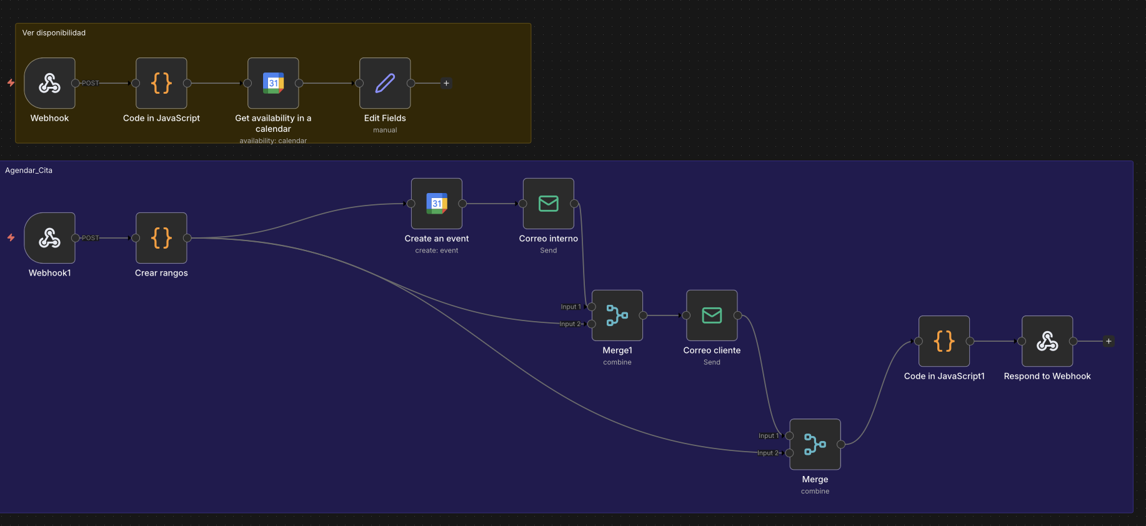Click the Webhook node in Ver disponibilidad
click(49, 83)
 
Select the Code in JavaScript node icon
click(161, 83)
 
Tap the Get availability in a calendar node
click(273, 83)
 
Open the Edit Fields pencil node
click(385, 83)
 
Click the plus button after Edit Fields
click(446, 83)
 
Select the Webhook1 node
click(49, 238)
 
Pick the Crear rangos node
click(161, 238)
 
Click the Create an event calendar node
click(437, 204)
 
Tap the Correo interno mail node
click(548, 204)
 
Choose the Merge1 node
click(617, 315)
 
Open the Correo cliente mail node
click(712, 315)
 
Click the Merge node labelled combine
click(815, 444)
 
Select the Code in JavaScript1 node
click(944, 341)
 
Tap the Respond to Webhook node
click(1047, 341)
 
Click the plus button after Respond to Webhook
click(1109, 341)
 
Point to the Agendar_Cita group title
click(29, 171)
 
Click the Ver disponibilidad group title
click(54, 33)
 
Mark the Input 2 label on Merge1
click(570, 324)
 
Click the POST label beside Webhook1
click(90, 238)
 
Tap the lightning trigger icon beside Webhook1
click(11, 237)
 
